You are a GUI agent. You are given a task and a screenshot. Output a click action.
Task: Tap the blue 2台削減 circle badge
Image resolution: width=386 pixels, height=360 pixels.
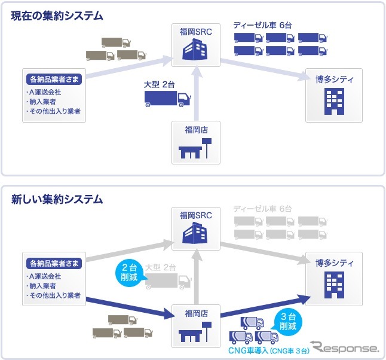point(128,274)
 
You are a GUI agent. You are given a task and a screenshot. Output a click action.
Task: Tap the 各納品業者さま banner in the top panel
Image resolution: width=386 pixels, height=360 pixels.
point(54,79)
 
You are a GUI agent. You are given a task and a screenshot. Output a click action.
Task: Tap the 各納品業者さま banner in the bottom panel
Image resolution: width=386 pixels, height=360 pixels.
point(54,263)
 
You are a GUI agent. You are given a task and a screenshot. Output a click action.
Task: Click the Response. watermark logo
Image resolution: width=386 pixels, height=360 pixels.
point(346,347)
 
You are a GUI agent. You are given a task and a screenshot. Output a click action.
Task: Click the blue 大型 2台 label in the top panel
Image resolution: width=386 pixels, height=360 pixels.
point(159,84)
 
